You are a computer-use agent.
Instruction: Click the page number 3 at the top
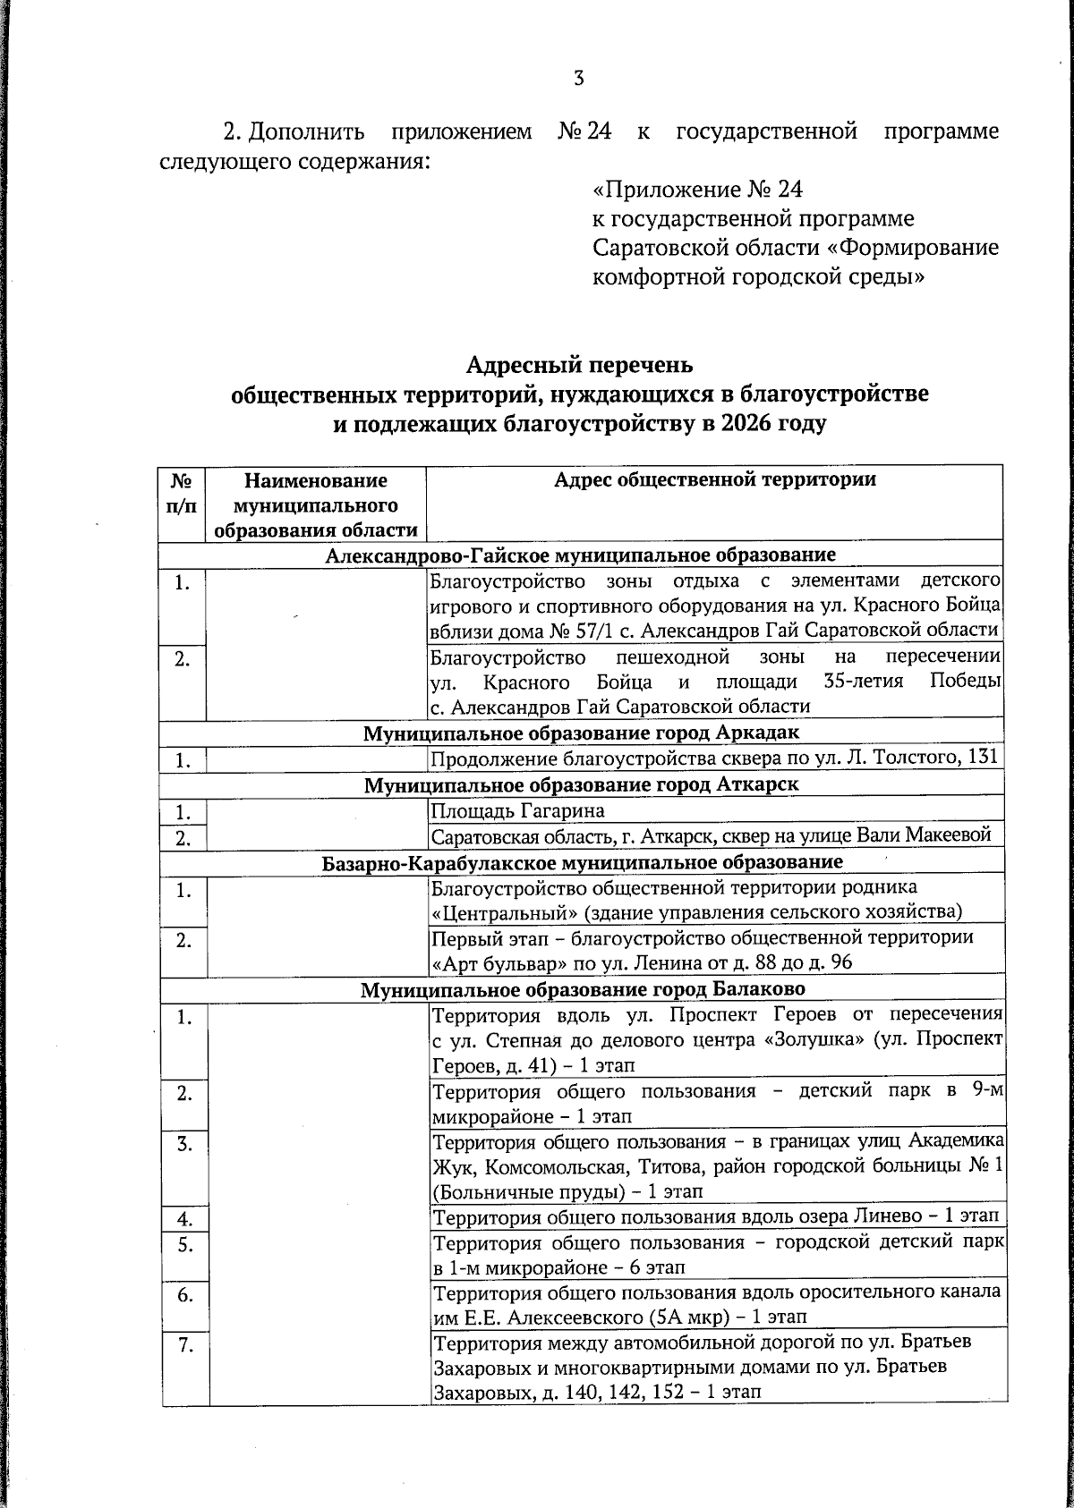point(578,79)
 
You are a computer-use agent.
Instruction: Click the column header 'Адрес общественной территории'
point(714,480)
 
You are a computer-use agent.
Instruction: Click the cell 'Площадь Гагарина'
point(518,811)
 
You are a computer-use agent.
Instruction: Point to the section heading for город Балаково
point(583,989)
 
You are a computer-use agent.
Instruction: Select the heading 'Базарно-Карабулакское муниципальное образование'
point(582,863)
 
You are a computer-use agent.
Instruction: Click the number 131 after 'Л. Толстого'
point(981,760)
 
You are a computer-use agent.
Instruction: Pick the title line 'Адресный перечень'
point(579,366)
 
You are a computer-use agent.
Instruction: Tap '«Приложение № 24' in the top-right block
point(698,191)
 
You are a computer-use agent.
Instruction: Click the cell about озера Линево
point(715,1217)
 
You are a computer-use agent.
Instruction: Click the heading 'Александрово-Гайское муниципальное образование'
point(581,555)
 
